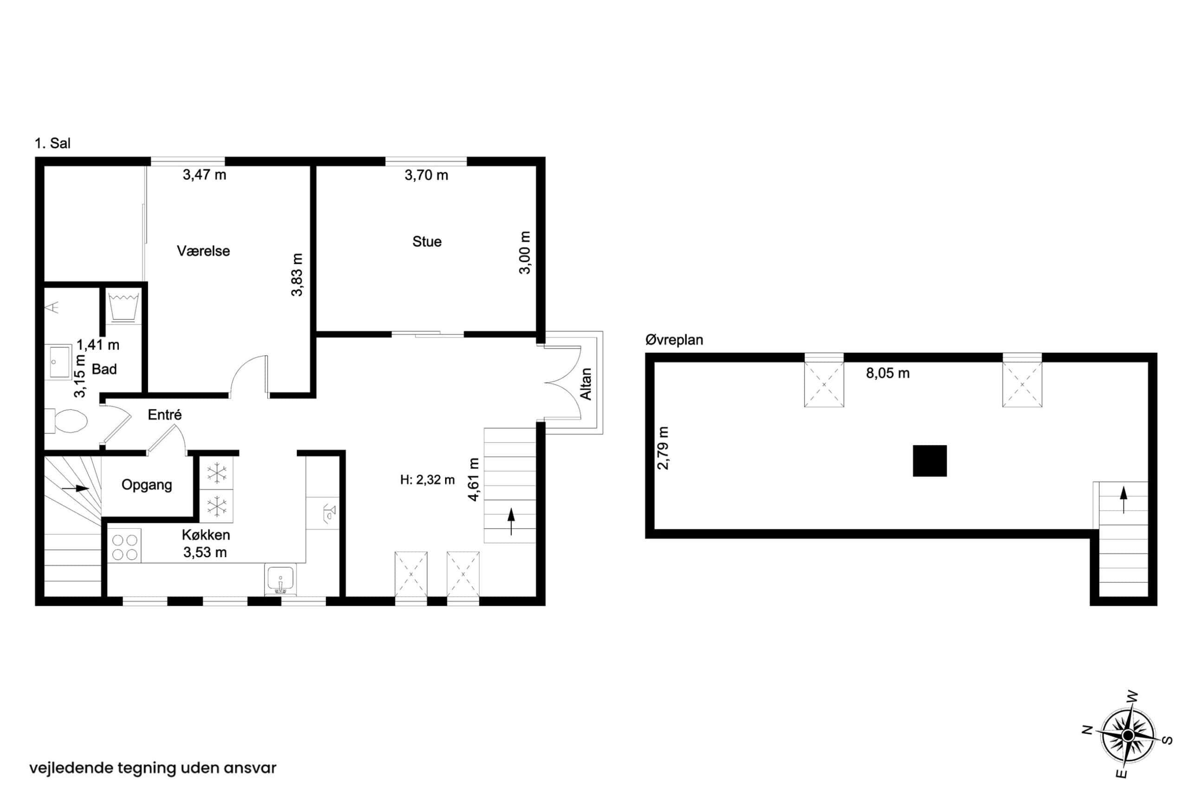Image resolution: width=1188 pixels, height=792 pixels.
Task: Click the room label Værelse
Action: coord(203,251)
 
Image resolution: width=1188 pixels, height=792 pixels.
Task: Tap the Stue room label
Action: coord(426,242)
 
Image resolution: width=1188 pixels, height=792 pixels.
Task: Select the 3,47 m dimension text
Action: coord(205,175)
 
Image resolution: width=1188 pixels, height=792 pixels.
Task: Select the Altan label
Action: coord(586,384)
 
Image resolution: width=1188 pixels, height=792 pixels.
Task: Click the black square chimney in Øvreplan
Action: coord(930,461)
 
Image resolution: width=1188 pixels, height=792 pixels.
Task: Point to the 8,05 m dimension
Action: coord(888,373)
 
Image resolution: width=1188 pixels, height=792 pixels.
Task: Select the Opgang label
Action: coord(147,485)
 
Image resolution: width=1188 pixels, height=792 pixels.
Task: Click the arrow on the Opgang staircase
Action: coord(75,488)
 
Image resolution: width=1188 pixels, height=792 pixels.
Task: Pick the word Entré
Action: coord(165,415)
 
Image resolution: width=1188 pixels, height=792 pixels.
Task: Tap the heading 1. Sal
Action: coord(52,143)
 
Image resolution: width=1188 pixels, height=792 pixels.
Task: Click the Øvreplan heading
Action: coord(674,340)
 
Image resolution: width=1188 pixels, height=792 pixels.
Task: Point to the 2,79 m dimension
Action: coord(663,448)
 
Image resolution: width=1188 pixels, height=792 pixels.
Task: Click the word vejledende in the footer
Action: coord(71,768)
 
